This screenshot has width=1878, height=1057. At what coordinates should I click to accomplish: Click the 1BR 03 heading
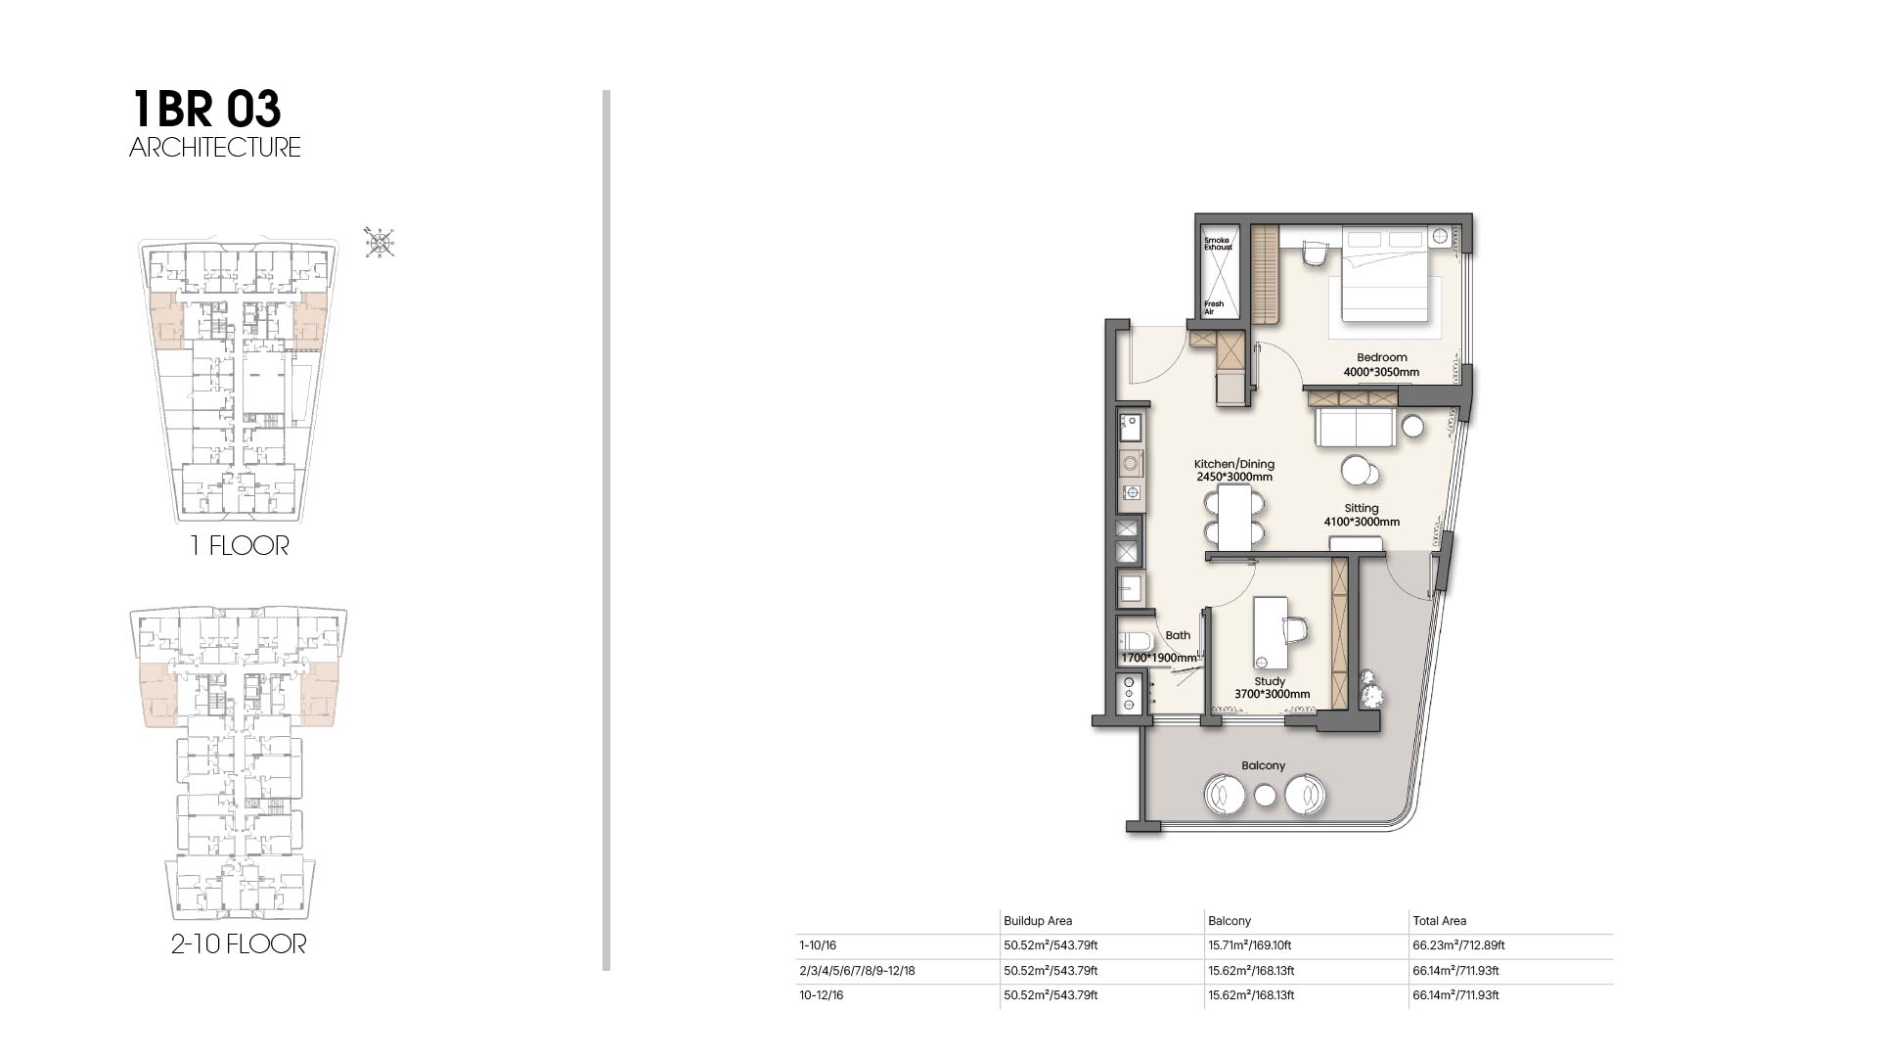[x=206, y=109]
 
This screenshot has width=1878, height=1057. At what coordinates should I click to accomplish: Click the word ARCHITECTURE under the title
[x=215, y=148]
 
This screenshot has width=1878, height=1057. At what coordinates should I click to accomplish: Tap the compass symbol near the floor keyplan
[x=380, y=243]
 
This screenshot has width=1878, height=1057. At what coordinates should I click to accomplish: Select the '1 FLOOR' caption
[x=240, y=545]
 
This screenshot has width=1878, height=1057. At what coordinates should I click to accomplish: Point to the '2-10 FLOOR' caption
[x=239, y=944]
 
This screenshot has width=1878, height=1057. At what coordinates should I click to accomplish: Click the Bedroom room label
[x=1381, y=357]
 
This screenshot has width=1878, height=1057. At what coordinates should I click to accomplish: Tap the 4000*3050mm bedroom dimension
[x=1381, y=372]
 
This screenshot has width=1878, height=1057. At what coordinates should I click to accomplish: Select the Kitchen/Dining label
[x=1234, y=464]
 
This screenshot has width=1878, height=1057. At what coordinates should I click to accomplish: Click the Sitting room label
[x=1362, y=508]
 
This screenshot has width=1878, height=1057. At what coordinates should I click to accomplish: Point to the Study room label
[x=1270, y=681]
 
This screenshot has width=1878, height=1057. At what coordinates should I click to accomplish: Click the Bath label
[x=1178, y=635]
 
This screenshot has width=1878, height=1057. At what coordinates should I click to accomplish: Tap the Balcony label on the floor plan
[x=1264, y=765]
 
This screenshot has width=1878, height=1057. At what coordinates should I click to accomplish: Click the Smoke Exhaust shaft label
[x=1218, y=244]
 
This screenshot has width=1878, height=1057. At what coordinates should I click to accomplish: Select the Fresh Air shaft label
[x=1214, y=307]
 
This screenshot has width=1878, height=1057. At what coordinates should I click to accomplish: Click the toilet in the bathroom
[x=1138, y=642]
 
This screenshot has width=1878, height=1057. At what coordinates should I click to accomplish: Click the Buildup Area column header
[x=1038, y=921]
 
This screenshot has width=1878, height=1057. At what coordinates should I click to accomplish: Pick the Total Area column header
[x=1439, y=921]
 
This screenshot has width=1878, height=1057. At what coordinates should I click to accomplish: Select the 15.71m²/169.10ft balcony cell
[x=1249, y=945]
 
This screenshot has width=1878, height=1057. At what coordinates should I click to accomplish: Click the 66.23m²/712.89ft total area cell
[x=1458, y=945]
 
